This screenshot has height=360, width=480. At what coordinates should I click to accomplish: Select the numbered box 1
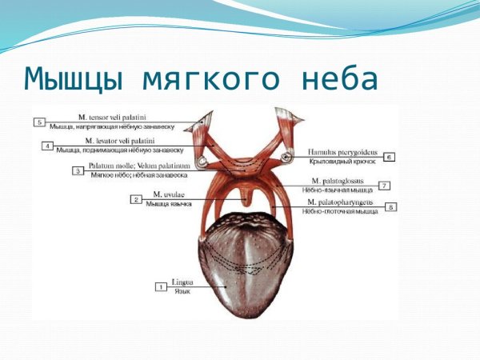click(160, 286)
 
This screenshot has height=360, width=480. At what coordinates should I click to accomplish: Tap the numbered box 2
click(137, 198)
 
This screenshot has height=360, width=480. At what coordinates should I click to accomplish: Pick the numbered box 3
click(78, 170)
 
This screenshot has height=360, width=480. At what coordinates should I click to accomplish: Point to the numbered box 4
click(48, 146)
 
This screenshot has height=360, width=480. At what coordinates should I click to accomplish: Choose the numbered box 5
click(39, 122)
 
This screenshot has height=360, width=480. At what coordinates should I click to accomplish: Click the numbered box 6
click(390, 157)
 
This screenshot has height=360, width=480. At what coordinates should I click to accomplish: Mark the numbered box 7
click(385, 186)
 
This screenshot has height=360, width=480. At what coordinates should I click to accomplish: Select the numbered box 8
click(391, 206)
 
